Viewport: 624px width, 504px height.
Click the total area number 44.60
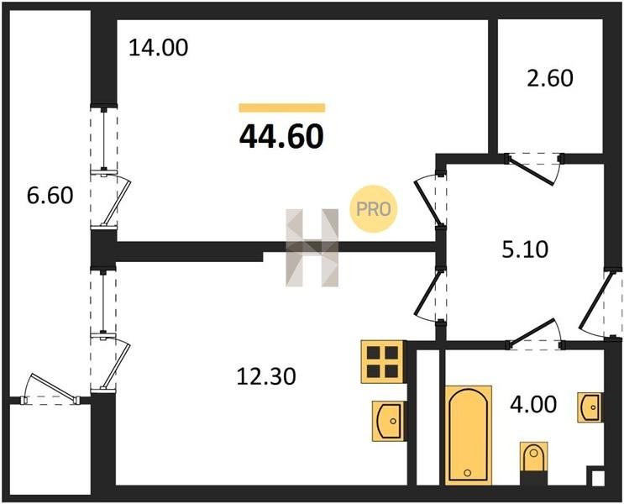pos(281,136)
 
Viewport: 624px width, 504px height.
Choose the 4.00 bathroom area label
pos(532,404)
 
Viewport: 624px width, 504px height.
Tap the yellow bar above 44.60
pos(281,108)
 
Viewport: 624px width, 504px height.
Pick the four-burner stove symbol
pos(384,362)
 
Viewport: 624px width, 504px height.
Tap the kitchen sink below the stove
pos(388,418)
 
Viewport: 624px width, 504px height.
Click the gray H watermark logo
pos(312,247)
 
